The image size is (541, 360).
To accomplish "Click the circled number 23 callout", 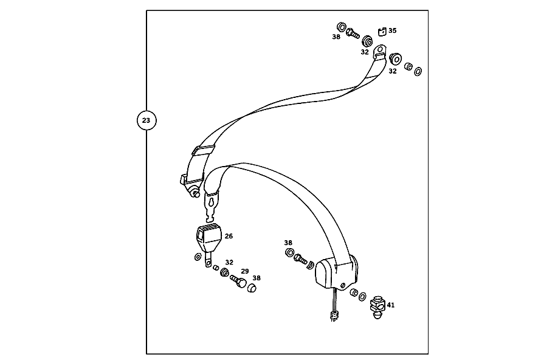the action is tap(146, 120).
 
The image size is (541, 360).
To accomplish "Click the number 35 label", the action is tap(392, 30).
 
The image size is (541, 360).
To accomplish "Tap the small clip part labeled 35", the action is tap(382, 32).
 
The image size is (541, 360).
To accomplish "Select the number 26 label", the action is tap(229, 236).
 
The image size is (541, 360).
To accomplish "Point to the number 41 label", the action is tap(391, 305).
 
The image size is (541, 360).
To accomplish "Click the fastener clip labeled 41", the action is tap(377, 307).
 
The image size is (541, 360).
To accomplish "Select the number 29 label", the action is tap(244, 271).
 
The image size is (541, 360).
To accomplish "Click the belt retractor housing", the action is tap(337, 272).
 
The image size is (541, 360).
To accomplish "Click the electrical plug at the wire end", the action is tap(334, 316).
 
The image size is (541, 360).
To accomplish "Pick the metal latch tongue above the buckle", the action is tap(211, 207).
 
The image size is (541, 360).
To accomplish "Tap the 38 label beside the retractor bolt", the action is tap(288, 243).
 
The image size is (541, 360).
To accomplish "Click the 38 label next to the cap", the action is tap(257, 278).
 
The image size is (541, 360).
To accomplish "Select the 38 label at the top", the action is tap(336, 36).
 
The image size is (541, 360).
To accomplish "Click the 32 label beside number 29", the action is tap(229, 262).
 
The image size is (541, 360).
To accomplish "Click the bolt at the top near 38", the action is tap(353, 33).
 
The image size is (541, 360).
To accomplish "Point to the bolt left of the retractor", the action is tap(300, 259).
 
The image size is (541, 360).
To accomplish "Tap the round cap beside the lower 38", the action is tap(252, 288).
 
